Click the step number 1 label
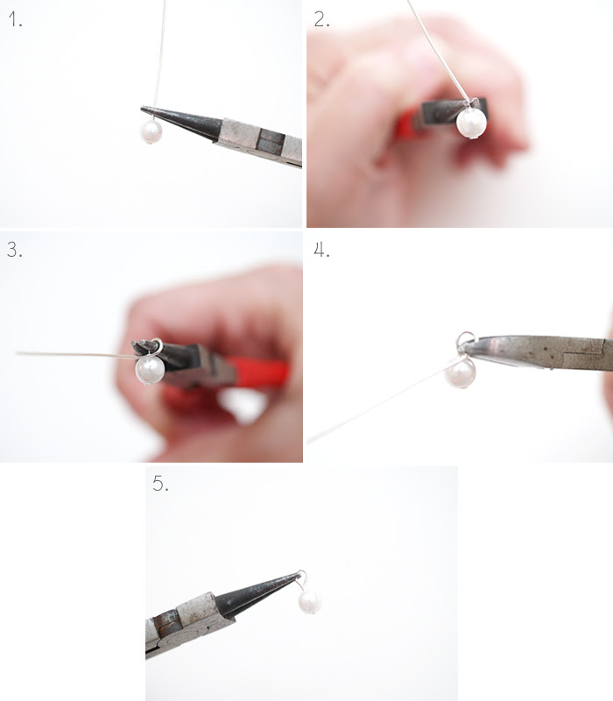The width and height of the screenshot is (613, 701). (15, 19)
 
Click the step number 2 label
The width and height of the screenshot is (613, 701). (321, 19)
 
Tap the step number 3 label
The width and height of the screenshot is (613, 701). (15, 250)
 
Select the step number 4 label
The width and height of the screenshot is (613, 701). (321, 250)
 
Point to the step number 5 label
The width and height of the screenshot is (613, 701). (160, 484)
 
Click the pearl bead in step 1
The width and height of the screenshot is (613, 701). (151, 131)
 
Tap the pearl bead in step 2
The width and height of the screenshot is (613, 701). (471, 123)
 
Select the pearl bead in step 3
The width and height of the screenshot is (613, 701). (150, 370)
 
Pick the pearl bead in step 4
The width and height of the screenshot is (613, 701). (461, 373)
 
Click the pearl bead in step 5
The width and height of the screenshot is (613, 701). (310, 602)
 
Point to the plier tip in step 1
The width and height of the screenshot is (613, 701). (142, 108)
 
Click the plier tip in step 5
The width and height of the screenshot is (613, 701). (299, 574)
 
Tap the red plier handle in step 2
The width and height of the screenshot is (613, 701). (407, 124)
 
